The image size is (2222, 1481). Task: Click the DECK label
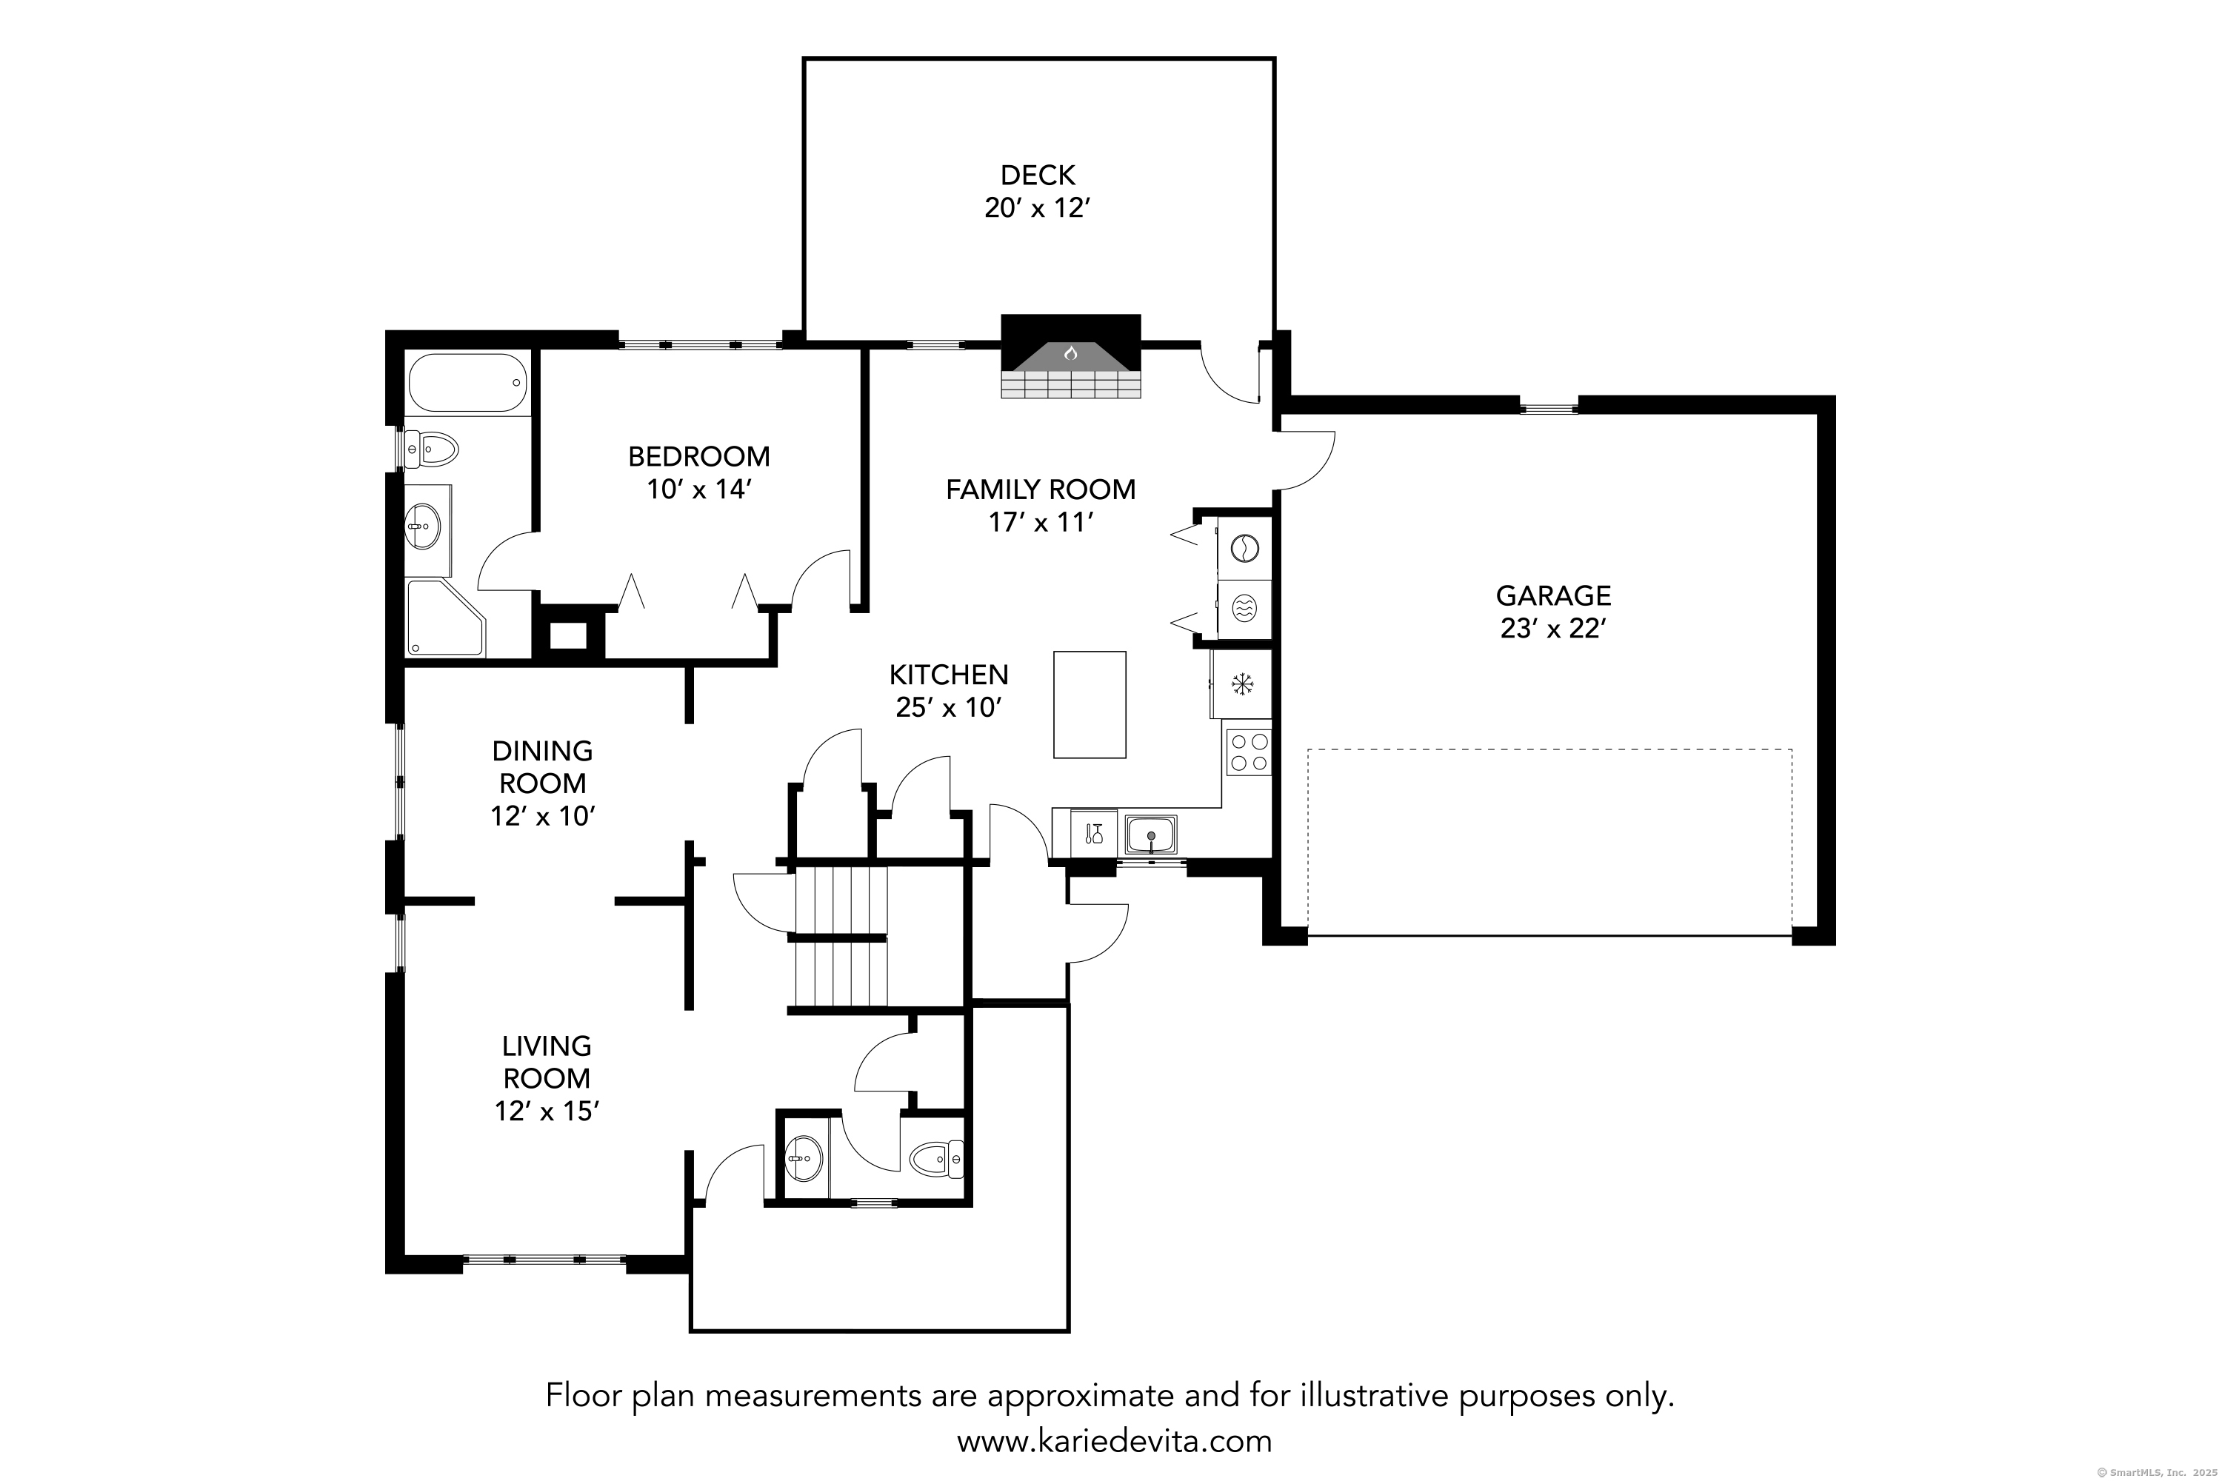click(x=1038, y=175)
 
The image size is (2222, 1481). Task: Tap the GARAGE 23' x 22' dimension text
click(x=1553, y=628)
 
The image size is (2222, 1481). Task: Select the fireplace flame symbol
click(x=1070, y=353)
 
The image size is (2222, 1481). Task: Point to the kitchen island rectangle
click(x=1090, y=705)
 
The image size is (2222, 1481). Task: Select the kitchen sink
click(x=1151, y=835)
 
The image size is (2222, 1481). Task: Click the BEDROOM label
click(x=699, y=456)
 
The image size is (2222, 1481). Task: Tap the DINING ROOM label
click(x=542, y=767)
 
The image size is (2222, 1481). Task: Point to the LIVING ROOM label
click(x=546, y=1062)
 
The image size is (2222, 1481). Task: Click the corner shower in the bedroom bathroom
click(x=445, y=618)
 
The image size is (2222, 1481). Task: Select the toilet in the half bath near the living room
click(x=936, y=1158)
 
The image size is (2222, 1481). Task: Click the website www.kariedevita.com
click(x=1114, y=1441)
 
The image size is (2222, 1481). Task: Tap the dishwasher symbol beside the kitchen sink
click(x=1094, y=834)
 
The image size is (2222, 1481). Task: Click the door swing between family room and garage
click(x=1304, y=461)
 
